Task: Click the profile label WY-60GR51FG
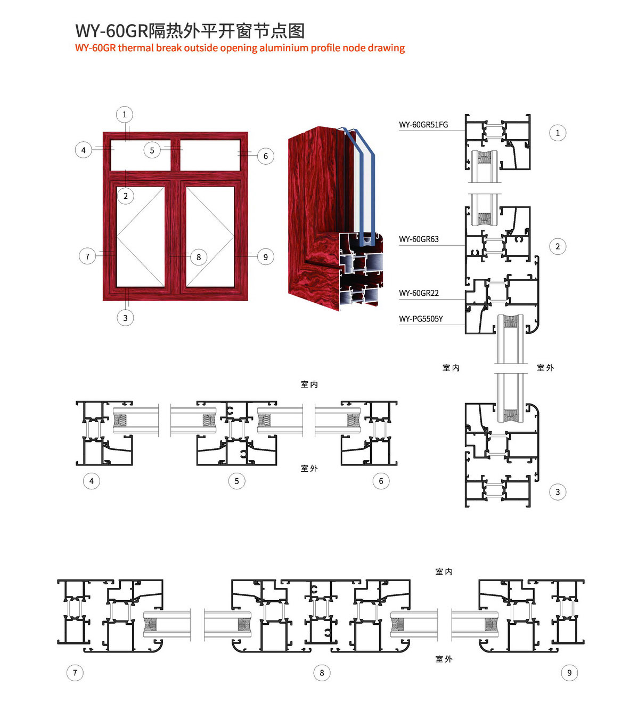click(423, 125)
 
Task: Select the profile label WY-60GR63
click(419, 239)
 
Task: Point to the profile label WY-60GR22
click(419, 293)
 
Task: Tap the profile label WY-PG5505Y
click(421, 319)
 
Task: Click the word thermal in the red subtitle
click(135, 48)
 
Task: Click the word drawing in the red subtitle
click(386, 48)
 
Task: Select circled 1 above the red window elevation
click(125, 115)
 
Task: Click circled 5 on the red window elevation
click(152, 150)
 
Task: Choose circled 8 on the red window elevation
click(199, 257)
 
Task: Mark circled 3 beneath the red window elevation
click(125, 318)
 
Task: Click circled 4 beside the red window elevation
click(83, 150)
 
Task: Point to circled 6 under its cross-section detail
click(381, 481)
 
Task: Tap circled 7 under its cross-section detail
click(75, 673)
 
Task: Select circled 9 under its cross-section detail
click(569, 673)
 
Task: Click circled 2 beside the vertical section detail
click(558, 246)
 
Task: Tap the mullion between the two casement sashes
click(175, 237)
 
